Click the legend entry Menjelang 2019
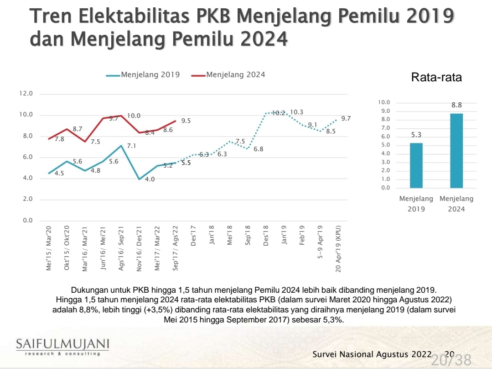(x=150, y=74)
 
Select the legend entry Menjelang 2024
(x=235, y=74)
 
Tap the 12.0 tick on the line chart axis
(x=26, y=94)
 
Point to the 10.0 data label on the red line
(x=134, y=116)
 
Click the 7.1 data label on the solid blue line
(x=131, y=146)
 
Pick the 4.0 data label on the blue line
(x=150, y=179)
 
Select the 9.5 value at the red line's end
(x=186, y=121)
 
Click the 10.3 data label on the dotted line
(x=297, y=112)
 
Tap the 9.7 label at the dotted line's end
(x=346, y=118)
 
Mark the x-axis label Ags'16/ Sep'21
(x=121, y=247)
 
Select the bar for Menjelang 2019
(x=416, y=165)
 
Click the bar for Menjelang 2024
(x=456, y=150)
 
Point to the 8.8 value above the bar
(x=456, y=105)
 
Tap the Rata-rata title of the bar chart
(x=436, y=77)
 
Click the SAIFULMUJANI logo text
(x=62, y=343)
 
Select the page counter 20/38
(x=451, y=359)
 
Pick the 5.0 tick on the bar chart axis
(x=386, y=145)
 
